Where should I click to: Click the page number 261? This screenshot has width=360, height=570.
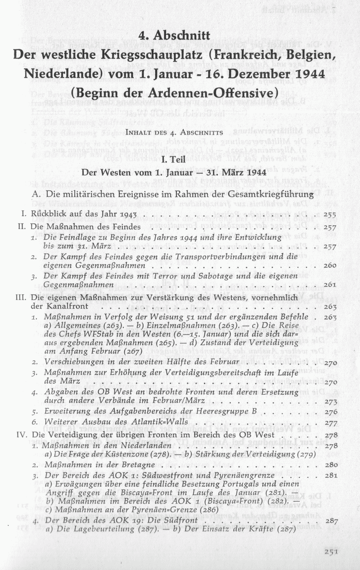(330, 284)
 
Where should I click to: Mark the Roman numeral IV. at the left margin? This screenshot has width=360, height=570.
(22, 435)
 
